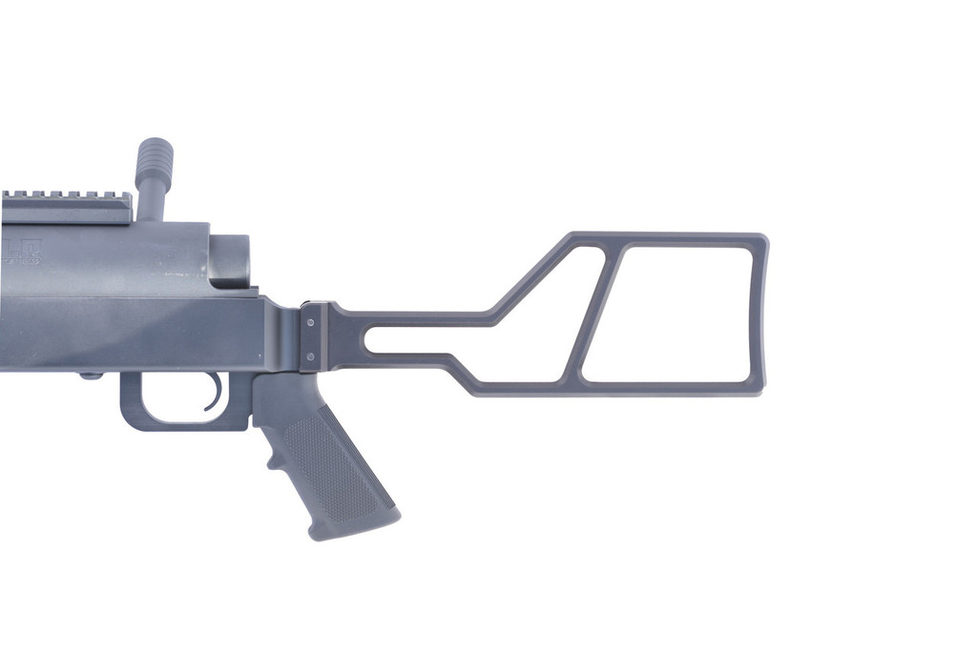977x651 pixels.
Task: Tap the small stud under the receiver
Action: pyautogui.click(x=92, y=376)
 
